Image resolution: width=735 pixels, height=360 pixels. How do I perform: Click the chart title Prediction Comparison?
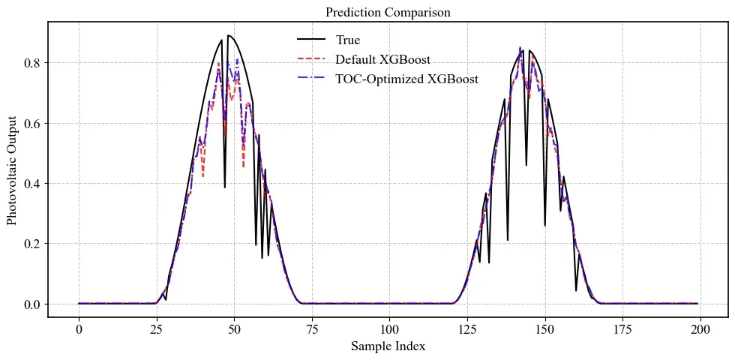click(x=388, y=12)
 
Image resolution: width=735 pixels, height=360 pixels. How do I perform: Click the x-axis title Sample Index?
click(x=388, y=346)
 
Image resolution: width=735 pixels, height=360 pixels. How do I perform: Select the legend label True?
click(x=348, y=40)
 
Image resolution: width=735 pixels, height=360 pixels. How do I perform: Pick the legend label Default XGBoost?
click(x=382, y=59)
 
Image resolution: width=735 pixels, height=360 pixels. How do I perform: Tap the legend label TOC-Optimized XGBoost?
click(x=406, y=79)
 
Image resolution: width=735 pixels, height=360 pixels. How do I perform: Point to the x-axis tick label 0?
click(x=79, y=329)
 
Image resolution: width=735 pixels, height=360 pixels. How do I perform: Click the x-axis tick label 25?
click(x=156, y=329)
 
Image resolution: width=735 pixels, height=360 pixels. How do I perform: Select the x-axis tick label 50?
click(x=234, y=329)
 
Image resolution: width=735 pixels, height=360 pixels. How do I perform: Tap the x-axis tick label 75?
click(x=311, y=329)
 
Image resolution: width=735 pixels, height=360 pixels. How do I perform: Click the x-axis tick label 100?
click(x=389, y=329)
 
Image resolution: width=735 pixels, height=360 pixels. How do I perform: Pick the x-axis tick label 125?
click(x=467, y=329)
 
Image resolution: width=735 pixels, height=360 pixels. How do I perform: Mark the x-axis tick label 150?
click(x=544, y=329)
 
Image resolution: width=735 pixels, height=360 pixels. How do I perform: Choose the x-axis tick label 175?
click(x=622, y=329)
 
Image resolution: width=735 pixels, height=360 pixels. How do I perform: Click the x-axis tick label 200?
click(x=700, y=329)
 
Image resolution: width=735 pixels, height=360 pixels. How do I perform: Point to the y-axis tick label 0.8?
click(x=31, y=63)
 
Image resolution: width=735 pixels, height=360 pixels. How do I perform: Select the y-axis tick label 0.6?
click(x=31, y=123)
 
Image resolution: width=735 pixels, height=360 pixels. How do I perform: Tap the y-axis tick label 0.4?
click(x=31, y=184)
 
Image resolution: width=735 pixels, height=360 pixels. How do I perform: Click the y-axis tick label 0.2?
click(x=31, y=244)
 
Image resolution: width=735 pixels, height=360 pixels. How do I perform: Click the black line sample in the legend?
click(x=310, y=40)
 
